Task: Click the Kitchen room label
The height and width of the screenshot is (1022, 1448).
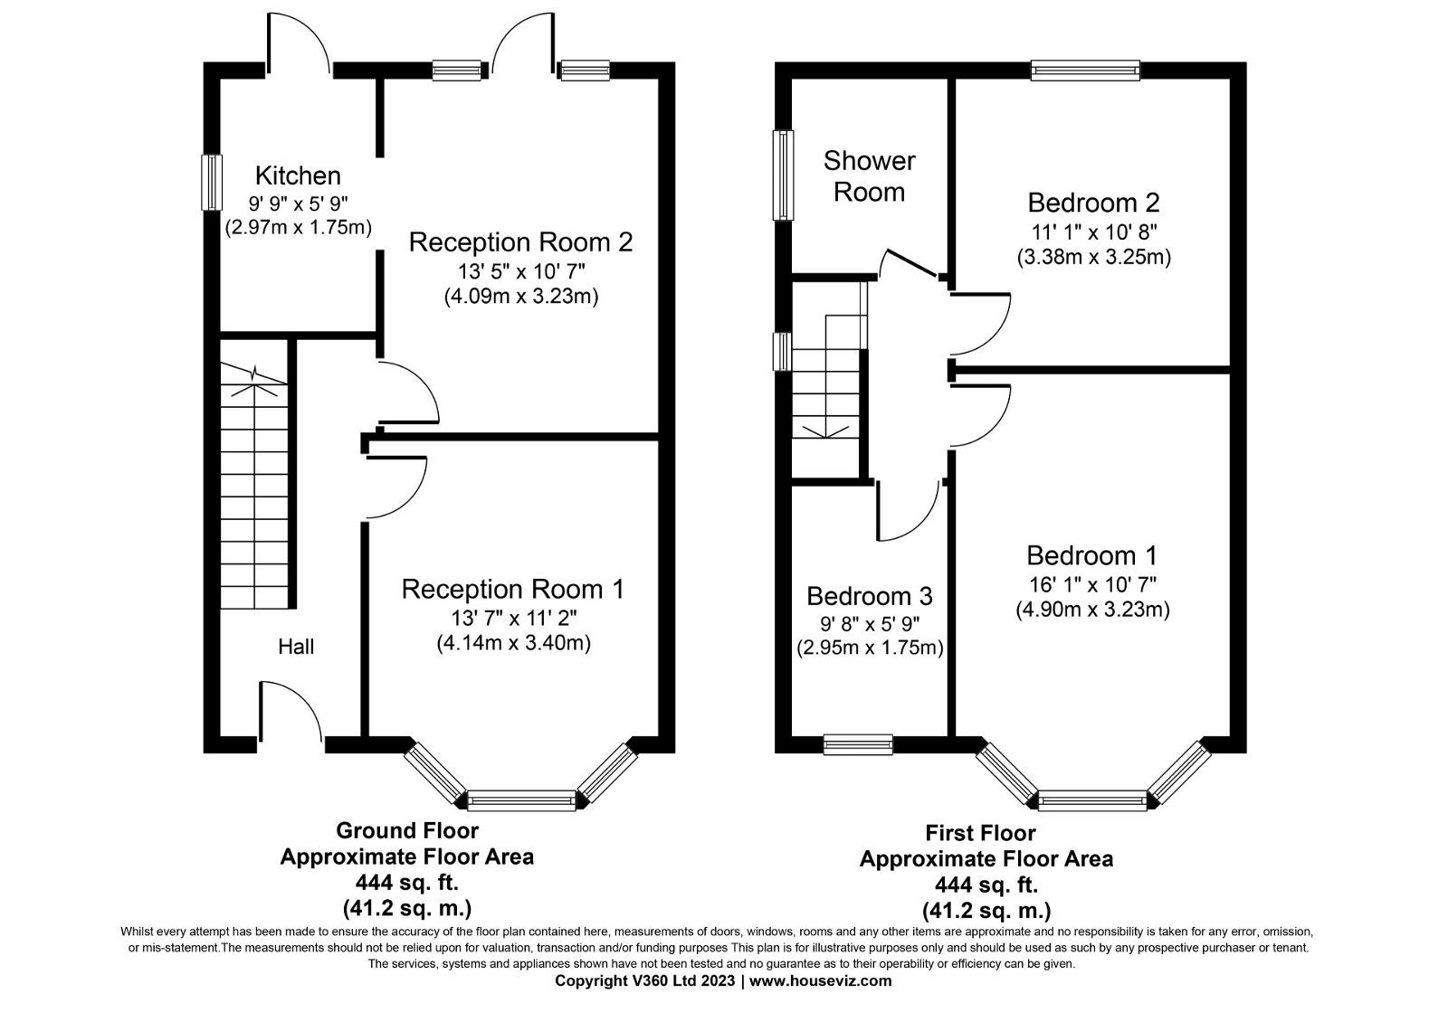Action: [298, 175]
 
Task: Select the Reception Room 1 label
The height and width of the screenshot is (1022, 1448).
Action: [513, 590]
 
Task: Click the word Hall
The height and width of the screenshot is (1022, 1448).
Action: [296, 647]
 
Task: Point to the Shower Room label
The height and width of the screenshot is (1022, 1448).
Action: [869, 176]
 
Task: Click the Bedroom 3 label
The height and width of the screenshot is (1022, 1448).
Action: [869, 596]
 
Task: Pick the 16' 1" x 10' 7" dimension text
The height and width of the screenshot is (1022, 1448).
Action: [1091, 583]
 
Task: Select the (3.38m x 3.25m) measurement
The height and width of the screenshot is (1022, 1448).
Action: [1093, 257]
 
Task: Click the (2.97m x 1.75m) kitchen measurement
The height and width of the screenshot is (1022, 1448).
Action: [298, 228]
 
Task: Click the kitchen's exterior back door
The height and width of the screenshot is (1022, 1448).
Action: [299, 41]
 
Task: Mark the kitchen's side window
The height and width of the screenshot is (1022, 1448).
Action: [211, 182]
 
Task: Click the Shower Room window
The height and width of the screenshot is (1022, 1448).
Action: [782, 175]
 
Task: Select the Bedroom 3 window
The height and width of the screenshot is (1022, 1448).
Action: [857, 744]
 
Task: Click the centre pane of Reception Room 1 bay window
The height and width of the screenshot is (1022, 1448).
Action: [520, 800]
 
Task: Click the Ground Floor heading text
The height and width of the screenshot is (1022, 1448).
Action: [406, 829]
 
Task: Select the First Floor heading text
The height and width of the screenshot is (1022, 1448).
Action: [986, 832]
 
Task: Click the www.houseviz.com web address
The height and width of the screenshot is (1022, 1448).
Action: [821, 980]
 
